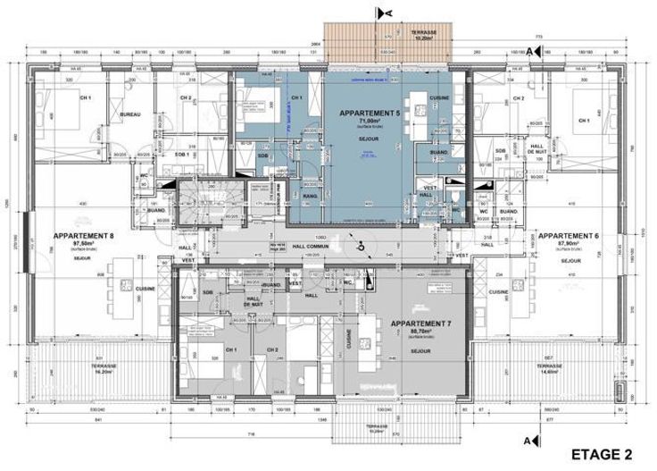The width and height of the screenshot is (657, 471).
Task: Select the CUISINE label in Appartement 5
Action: coord(438,97)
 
